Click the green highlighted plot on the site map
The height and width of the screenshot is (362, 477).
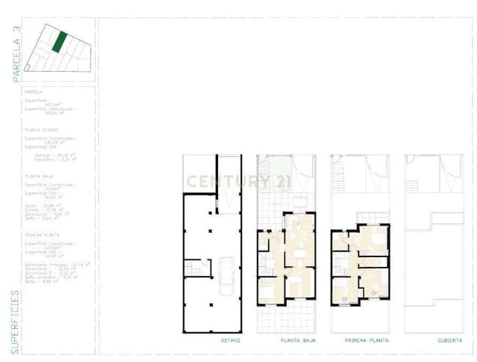[57, 41]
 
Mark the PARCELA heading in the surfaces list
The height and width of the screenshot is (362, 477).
[34, 92]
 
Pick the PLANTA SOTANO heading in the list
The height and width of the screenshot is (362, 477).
[41, 130]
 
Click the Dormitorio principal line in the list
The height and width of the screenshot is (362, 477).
[57, 265]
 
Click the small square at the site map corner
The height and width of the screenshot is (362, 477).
[27, 69]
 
